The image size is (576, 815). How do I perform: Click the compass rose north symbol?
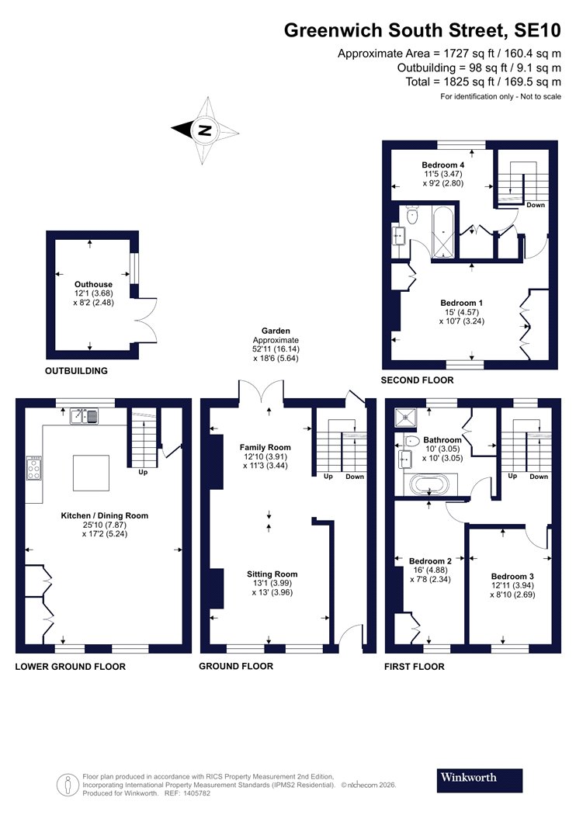click(204, 130)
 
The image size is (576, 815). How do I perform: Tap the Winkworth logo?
click(468, 777)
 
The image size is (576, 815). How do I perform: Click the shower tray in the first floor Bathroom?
click(405, 418)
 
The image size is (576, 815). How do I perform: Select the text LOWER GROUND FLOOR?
click(70, 667)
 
